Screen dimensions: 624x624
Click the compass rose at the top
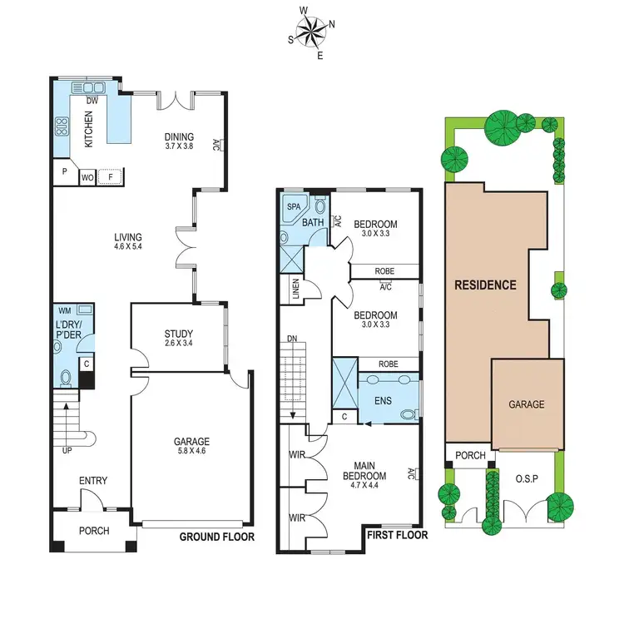(x=311, y=33)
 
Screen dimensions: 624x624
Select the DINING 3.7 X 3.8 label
(x=178, y=142)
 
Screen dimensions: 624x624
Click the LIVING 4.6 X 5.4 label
(x=128, y=242)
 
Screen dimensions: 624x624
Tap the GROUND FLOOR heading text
(x=216, y=537)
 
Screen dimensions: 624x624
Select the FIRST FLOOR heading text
(x=397, y=535)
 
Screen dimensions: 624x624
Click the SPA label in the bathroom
(x=294, y=206)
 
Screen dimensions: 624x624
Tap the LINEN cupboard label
(x=295, y=290)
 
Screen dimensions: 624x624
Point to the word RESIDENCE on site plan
(x=485, y=285)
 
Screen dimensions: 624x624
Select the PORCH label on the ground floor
(x=93, y=531)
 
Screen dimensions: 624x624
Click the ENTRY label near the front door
(x=93, y=481)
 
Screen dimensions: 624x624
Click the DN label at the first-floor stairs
(x=291, y=339)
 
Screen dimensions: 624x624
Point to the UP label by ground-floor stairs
(x=67, y=450)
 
